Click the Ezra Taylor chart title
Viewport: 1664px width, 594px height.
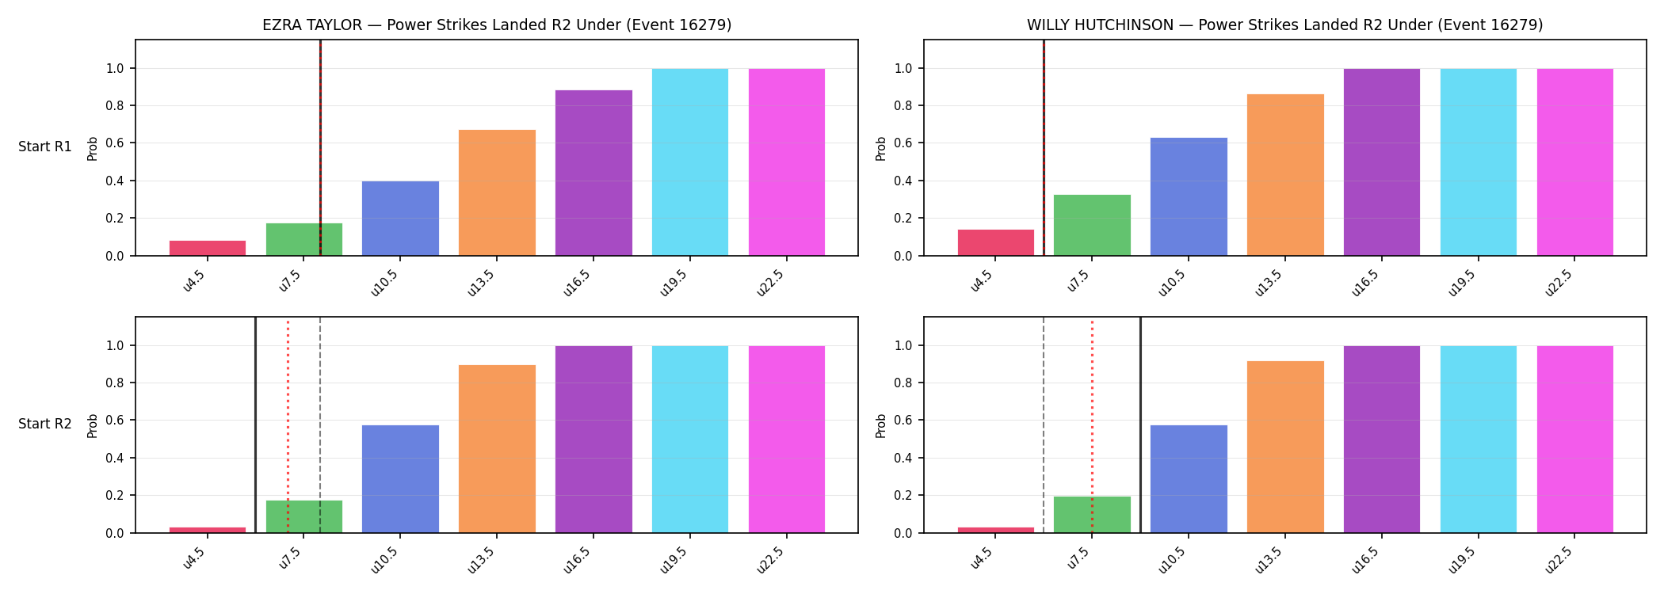click(497, 25)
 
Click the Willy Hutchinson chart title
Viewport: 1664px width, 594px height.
click(1285, 25)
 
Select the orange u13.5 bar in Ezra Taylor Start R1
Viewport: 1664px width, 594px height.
click(497, 192)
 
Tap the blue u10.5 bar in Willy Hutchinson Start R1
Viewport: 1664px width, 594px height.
click(1189, 196)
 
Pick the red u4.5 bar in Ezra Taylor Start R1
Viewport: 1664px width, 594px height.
click(208, 248)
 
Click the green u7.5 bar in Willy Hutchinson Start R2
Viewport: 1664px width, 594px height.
click(1092, 515)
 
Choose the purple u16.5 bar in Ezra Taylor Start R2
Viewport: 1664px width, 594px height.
click(593, 440)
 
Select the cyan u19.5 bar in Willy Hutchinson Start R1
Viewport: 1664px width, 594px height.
click(1479, 162)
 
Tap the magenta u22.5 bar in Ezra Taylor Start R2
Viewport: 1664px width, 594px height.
click(787, 440)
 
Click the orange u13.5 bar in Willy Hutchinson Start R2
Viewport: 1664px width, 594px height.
click(1285, 447)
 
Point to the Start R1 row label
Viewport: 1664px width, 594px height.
click(45, 147)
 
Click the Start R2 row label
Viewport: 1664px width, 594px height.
click(45, 425)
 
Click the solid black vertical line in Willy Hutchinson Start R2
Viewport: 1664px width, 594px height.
click(1140, 425)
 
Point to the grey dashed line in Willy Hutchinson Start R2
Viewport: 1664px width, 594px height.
click(1044, 425)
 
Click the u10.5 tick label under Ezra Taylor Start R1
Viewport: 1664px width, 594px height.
click(385, 283)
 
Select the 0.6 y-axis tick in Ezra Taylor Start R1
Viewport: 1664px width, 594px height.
click(116, 143)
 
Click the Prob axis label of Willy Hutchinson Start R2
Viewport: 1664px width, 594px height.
click(881, 425)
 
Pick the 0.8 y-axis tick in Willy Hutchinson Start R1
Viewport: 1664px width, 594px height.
click(904, 106)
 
